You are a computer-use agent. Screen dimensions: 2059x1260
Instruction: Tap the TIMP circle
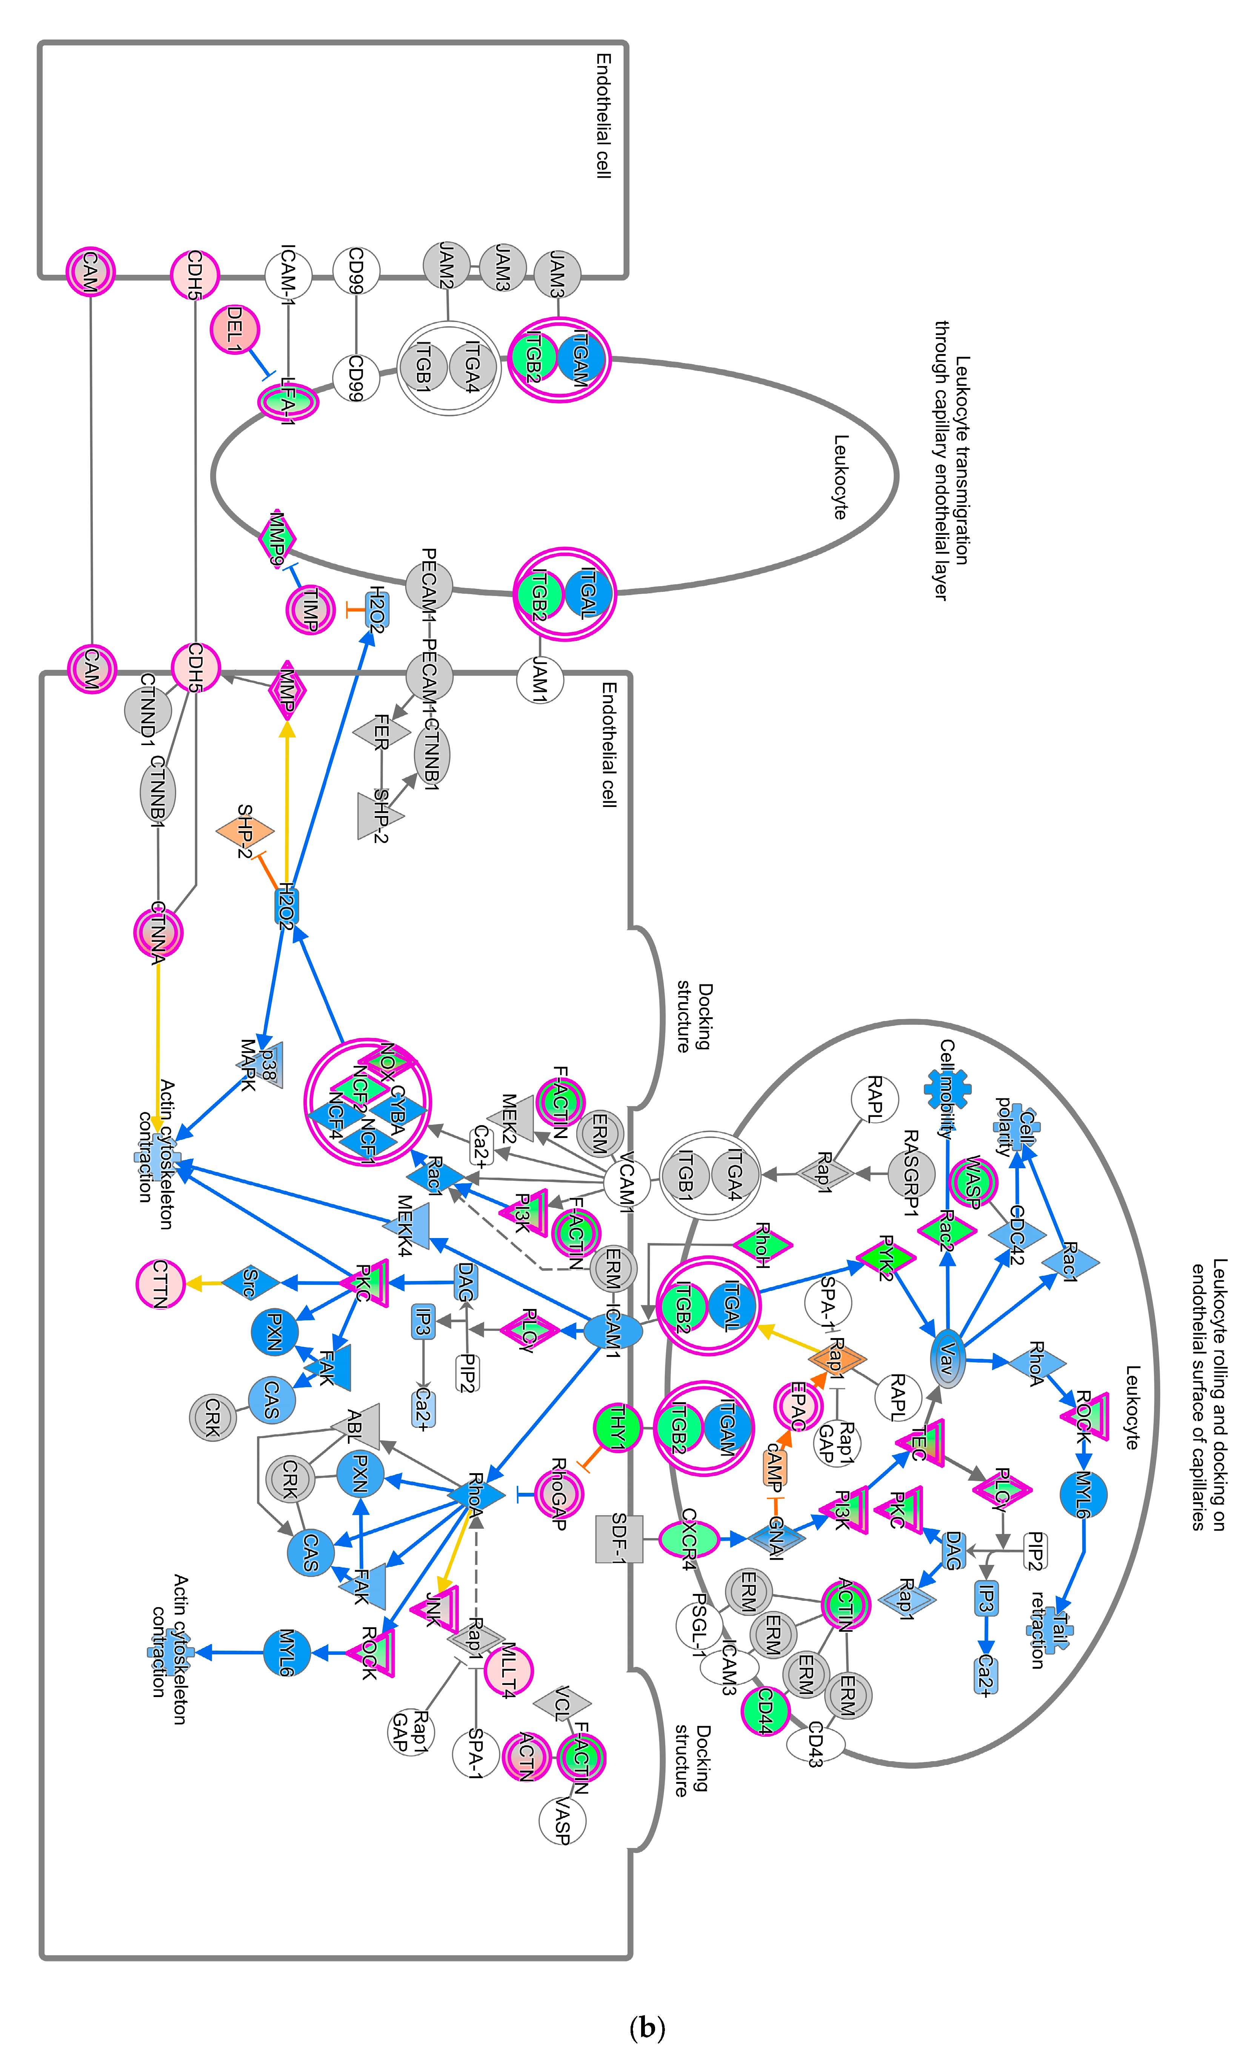pos(310,610)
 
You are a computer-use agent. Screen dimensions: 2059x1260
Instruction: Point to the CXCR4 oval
pos(688,1538)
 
